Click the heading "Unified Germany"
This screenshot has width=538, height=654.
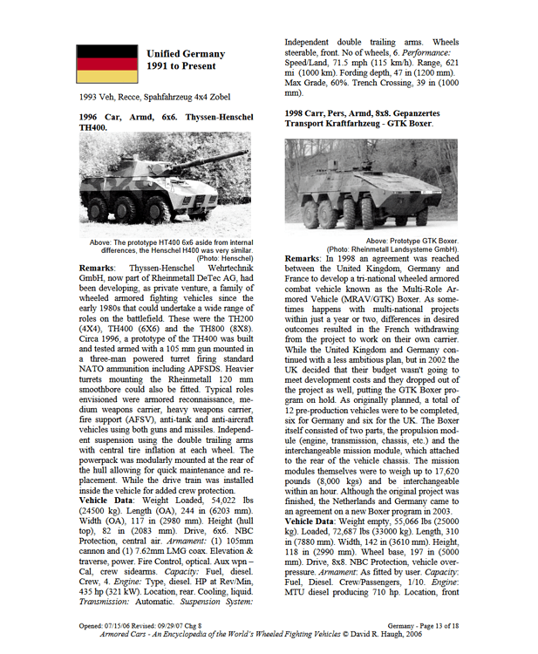[186, 54]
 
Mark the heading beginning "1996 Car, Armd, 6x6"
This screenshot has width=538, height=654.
[165, 121]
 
